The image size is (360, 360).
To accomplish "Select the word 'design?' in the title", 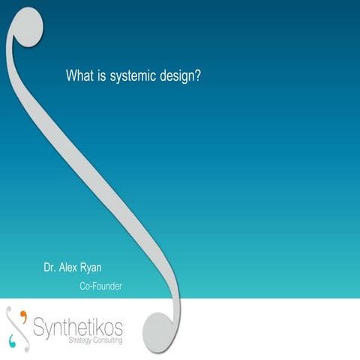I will click(x=180, y=76).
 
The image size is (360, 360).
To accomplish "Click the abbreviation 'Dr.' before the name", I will click(x=52, y=268).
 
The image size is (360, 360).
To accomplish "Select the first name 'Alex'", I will click(x=76, y=268).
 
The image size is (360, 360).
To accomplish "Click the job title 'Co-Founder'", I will click(x=100, y=286).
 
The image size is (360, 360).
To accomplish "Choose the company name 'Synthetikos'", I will click(x=78, y=327).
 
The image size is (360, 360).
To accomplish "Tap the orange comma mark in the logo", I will click(x=22, y=313).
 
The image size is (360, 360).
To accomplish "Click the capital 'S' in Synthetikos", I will click(x=41, y=327).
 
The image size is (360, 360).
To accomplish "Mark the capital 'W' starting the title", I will click(x=72, y=76).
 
